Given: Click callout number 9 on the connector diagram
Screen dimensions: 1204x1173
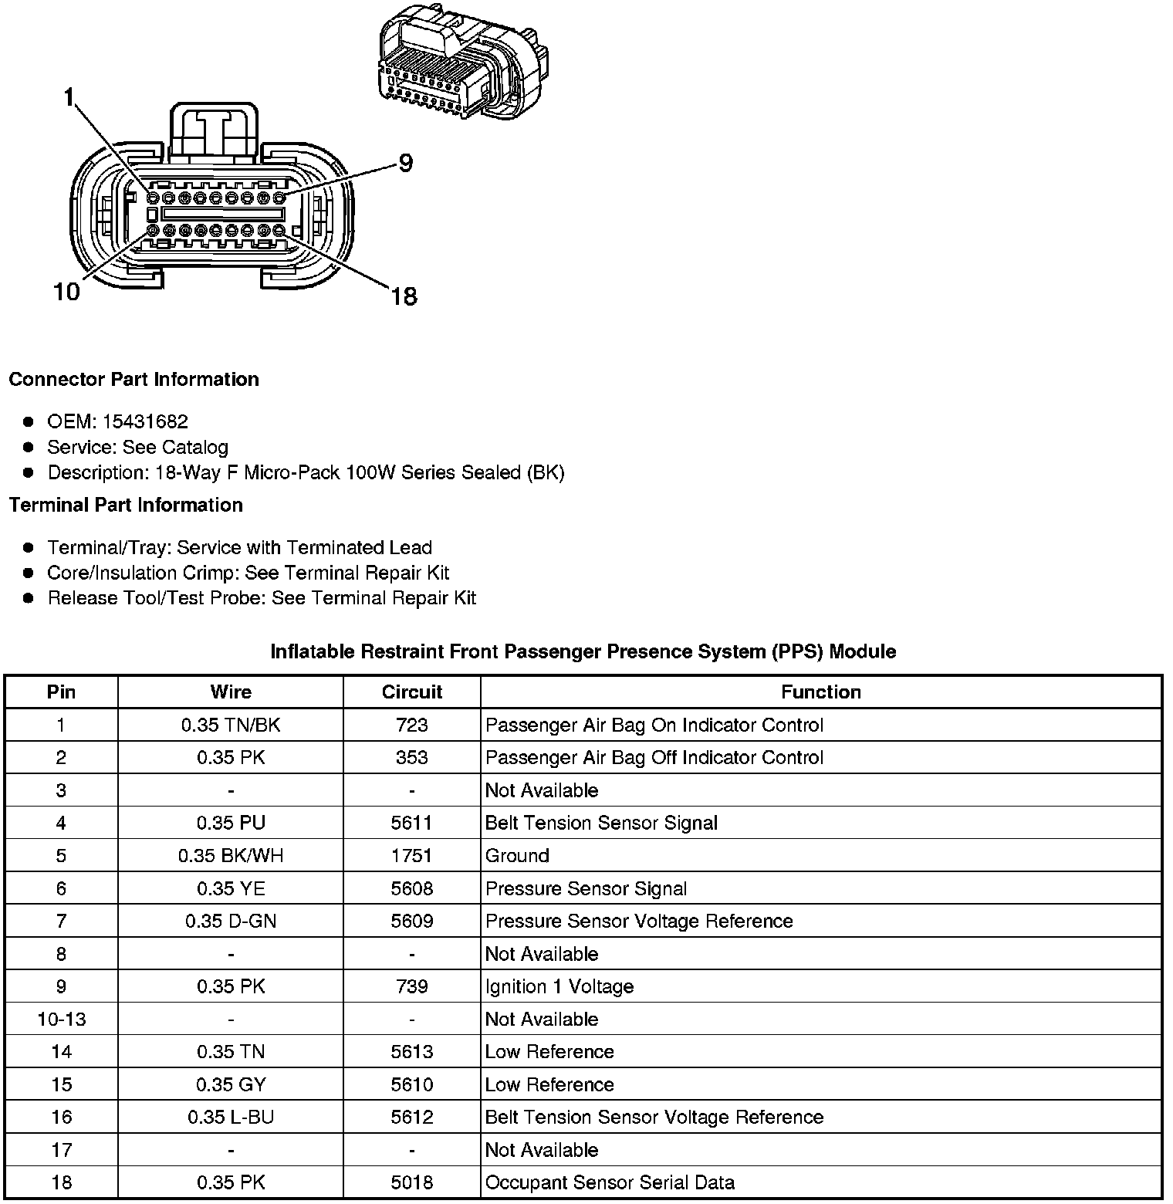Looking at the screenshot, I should pyautogui.click(x=405, y=164).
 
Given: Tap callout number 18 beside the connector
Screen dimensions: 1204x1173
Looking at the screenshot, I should pyautogui.click(x=404, y=296).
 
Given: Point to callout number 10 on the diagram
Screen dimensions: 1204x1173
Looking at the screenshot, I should pyautogui.click(x=66, y=293).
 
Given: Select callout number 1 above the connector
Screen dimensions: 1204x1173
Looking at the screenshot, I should pyautogui.click(x=69, y=97).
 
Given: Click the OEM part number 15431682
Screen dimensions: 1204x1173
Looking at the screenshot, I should pyautogui.click(x=145, y=421).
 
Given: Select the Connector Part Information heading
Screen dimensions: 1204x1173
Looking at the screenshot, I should pyautogui.click(x=134, y=379).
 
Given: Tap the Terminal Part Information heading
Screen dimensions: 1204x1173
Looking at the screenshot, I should pyautogui.click(x=126, y=505).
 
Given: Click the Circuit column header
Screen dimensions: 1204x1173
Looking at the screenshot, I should pyautogui.click(x=411, y=692).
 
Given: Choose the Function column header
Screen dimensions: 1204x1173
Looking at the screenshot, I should pyautogui.click(x=820, y=692).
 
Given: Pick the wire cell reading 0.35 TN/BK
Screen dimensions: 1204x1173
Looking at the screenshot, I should pyautogui.click(x=231, y=725).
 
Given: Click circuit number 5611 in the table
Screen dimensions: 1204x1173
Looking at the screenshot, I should pyautogui.click(x=411, y=823).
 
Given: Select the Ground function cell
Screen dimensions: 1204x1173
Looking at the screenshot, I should pyautogui.click(x=517, y=855).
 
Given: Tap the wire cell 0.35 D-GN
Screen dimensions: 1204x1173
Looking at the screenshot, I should pyautogui.click(x=231, y=921).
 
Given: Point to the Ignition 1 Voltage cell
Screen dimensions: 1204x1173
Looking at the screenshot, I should pyautogui.click(x=559, y=986).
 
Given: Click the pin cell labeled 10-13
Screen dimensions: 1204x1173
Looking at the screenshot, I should pyautogui.click(x=61, y=1019).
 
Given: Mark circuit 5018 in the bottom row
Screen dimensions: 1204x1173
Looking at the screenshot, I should pyautogui.click(x=411, y=1182).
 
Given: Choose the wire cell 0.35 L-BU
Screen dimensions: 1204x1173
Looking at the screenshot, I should pyautogui.click(x=231, y=1117).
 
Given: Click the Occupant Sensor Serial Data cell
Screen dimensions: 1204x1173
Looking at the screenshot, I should pyautogui.click(x=610, y=1182).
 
